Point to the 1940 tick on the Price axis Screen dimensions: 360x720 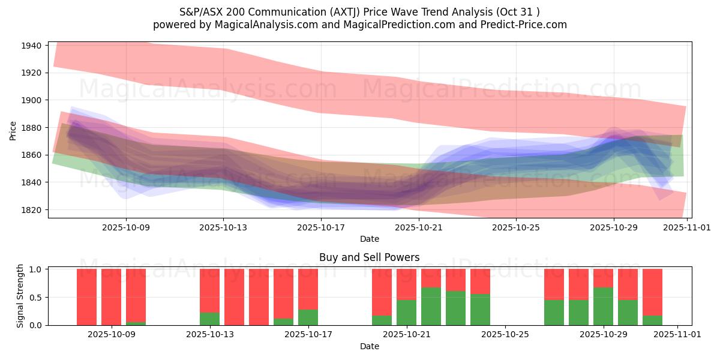coord(31,46)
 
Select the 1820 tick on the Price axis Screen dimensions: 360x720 coord(31,210)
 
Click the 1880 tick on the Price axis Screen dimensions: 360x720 coord(31,128)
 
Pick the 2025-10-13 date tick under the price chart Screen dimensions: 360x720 coord(223,228)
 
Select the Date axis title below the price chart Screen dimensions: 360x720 coord(370,239)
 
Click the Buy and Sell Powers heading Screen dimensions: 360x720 coord(370,257)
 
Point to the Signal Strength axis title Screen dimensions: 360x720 coord(20,296)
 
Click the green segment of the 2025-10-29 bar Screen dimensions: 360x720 coord(603,306)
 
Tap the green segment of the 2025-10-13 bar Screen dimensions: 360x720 coord(209,319)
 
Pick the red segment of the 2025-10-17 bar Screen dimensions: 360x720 coord(308,289)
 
